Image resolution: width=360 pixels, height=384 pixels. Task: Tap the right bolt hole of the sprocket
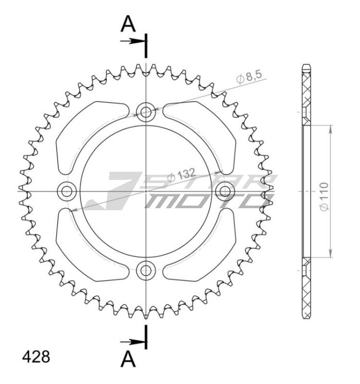click(x=225, y=192)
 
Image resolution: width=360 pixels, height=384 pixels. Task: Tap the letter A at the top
click(x=129, y=23)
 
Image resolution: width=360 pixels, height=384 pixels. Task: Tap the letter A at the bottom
click(x=129, y=359)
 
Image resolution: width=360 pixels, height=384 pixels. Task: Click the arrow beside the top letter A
click(x=133, y=41)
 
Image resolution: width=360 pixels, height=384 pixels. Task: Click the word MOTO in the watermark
click(x=206, y=200)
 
